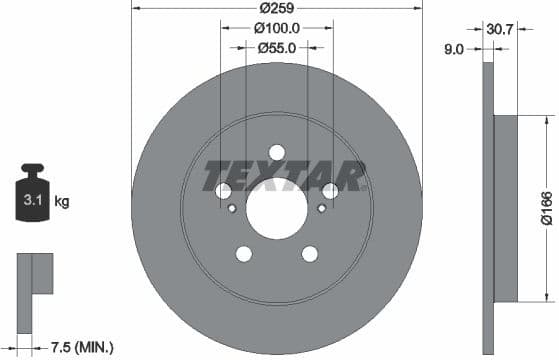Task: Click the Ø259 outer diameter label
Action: pyautogui.click(x=277, y=9)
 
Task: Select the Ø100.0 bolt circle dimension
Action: pyautogui.click(x=277, y=29)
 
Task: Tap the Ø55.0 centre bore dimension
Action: pyautogui.click(x=277, y=47)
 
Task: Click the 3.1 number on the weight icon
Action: pyautogui.click(x=32, y=202)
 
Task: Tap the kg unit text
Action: pyautogui.click(x=62, y=202)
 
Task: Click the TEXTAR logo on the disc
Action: pyautogui.click(x=284, y=175)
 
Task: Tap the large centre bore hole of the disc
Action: pyautogui.click(x=276, y=209)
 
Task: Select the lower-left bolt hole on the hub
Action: pyautogui.click(x=243, y=254)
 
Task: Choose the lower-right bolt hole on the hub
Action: pyautogui.click(x=310, y=254)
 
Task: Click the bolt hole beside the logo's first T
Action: pyautogui.click(x=223, y=191)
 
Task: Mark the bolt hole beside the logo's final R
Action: pyautogui.click(x=330, y=191)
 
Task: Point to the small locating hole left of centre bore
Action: pyautogui.click(x=232, y=208)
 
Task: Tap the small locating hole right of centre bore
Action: pyautogui.click(x=321, y=208)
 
